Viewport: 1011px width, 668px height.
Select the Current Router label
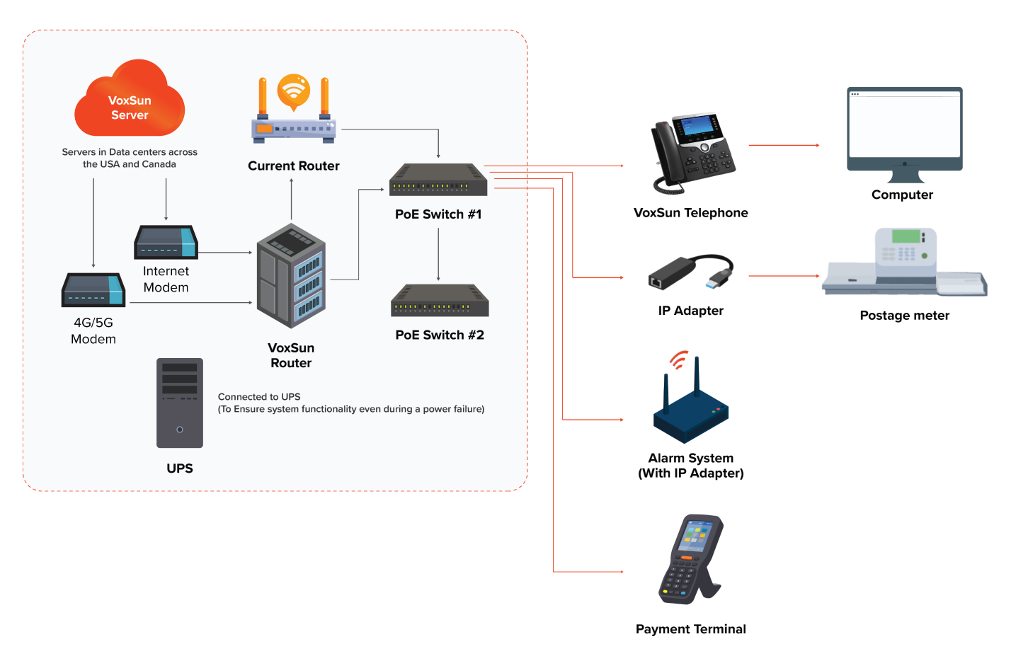point(293,166)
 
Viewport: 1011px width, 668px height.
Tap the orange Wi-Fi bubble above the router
point(294,91)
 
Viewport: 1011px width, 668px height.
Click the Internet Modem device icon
point(166,243)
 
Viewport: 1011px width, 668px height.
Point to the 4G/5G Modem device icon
point(93,290)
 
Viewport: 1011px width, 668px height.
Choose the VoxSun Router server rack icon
point(291,276)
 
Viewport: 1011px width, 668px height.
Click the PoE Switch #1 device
point(438,180)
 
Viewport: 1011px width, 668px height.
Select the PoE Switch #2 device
point(440,301)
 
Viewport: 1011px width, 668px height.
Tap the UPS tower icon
point(180,403)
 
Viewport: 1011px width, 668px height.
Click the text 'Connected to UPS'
point(259,397)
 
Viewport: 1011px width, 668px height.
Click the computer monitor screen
point(904,125)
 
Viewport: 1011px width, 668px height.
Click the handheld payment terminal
point(690,560)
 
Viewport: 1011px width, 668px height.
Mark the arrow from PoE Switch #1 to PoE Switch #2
point(438,254)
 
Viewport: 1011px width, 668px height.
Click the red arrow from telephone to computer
point(784,145)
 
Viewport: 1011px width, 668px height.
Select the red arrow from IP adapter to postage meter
point(784,276)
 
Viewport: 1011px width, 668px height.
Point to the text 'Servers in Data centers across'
point(130,152)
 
